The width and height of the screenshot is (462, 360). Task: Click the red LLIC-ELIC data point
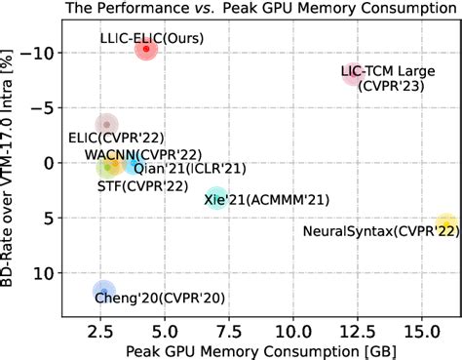[x=146, y=48]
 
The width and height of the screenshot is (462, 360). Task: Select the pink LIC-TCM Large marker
[x=352, y=74]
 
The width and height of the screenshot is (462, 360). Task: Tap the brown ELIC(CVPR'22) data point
[x=107, y=124]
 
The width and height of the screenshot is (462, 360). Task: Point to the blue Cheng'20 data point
[x=103, y=290]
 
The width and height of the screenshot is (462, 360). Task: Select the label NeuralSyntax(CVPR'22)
[x=380, y=231]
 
